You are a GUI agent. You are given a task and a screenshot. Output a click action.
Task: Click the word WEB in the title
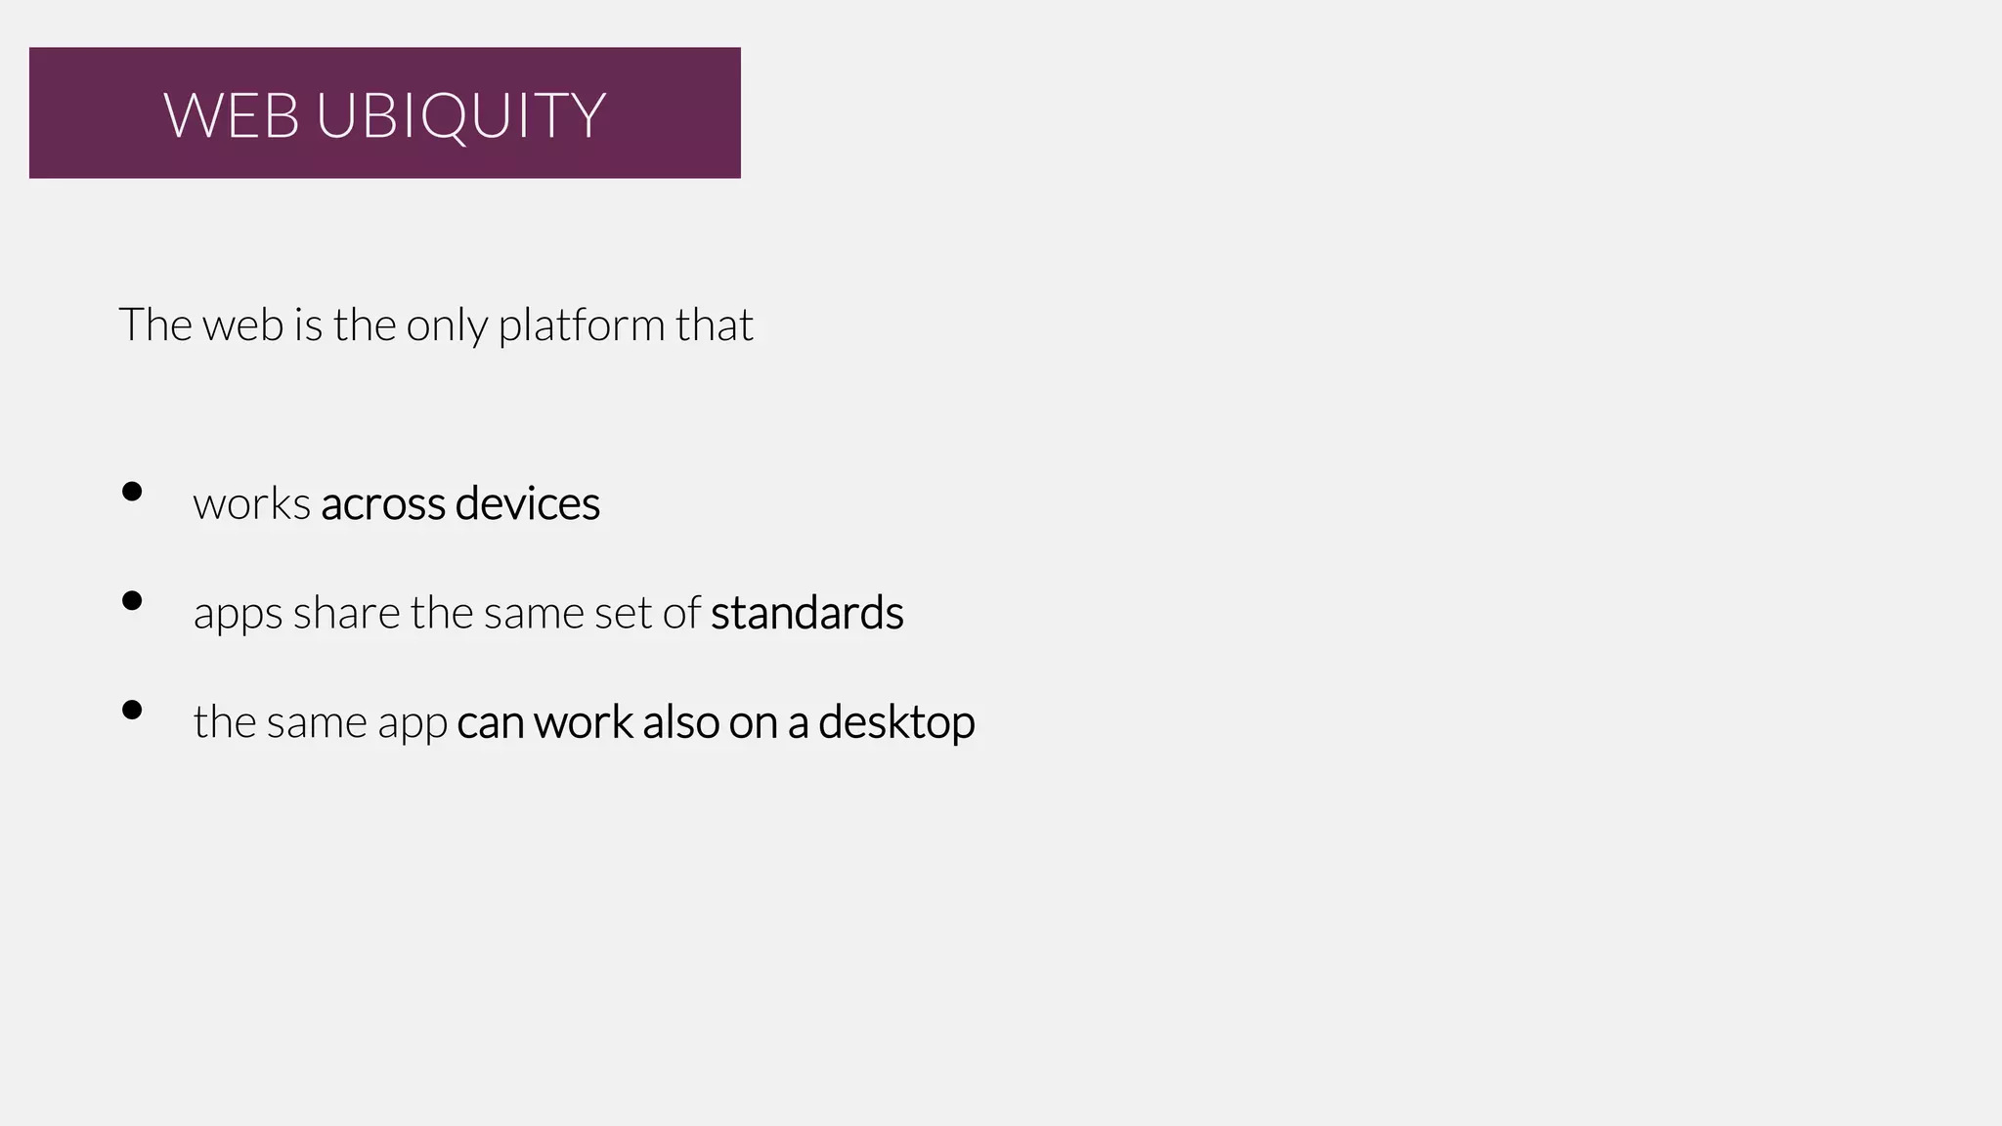click(x=231, y=115)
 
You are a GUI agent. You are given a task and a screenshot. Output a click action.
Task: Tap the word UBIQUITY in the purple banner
click(x=460, y=115)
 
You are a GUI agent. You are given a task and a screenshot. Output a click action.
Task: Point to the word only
click(x=446, y=325)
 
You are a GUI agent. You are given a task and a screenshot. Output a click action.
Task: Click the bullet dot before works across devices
click(x=132, y=492)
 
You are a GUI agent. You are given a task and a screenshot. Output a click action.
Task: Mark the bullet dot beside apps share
click(x=132, y=601)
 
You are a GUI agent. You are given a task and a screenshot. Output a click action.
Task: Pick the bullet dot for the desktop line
click(x=132, y=711)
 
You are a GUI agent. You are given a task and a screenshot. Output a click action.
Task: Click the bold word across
click(x=382, y=504)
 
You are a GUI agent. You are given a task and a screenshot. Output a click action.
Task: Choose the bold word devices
click(x=527, y=504)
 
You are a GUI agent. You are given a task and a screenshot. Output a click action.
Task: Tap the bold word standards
click(x=806, y=614)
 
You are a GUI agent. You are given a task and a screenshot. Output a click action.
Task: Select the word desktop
click(x=896, y=723)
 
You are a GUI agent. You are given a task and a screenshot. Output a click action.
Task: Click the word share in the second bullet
click(x=346, y=614)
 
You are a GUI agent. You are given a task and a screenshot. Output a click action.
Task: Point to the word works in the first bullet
click(x=251, y=504)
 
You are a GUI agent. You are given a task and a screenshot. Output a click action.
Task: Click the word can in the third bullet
click(x=490, y=723)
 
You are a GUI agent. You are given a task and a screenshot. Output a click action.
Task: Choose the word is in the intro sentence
click(x=308, y=325)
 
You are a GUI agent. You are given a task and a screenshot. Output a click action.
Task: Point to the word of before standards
click(x=681, y=614)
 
